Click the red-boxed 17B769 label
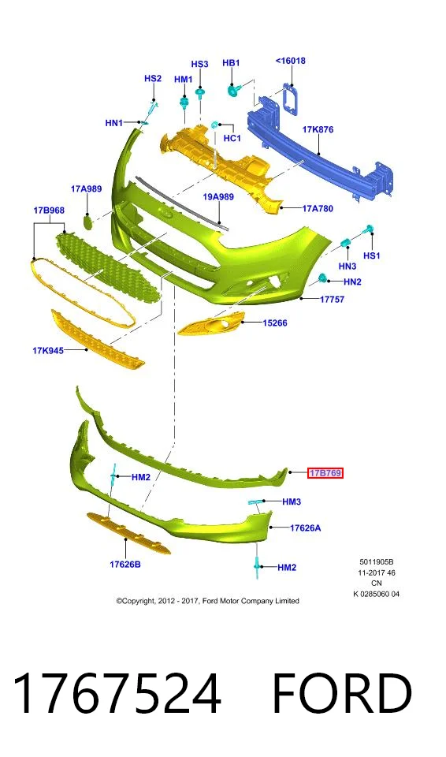point(325,473)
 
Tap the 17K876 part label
point(318,129)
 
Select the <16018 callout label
point(291,61)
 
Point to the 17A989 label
point(87,188)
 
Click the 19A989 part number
point(218,197)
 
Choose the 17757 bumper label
point(332,300)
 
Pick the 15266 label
point(275,323)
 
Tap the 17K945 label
point(48,350)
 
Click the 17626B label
point(125,564)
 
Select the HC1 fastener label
point(232,139)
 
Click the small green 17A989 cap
point(87,222)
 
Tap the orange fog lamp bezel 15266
point(211,323)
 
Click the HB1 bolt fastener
point(234,89)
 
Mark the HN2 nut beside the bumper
point(323,278)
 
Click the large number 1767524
point(117,694)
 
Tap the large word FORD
point(342,694)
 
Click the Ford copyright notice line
point(207,601)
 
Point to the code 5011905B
point(377,562)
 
